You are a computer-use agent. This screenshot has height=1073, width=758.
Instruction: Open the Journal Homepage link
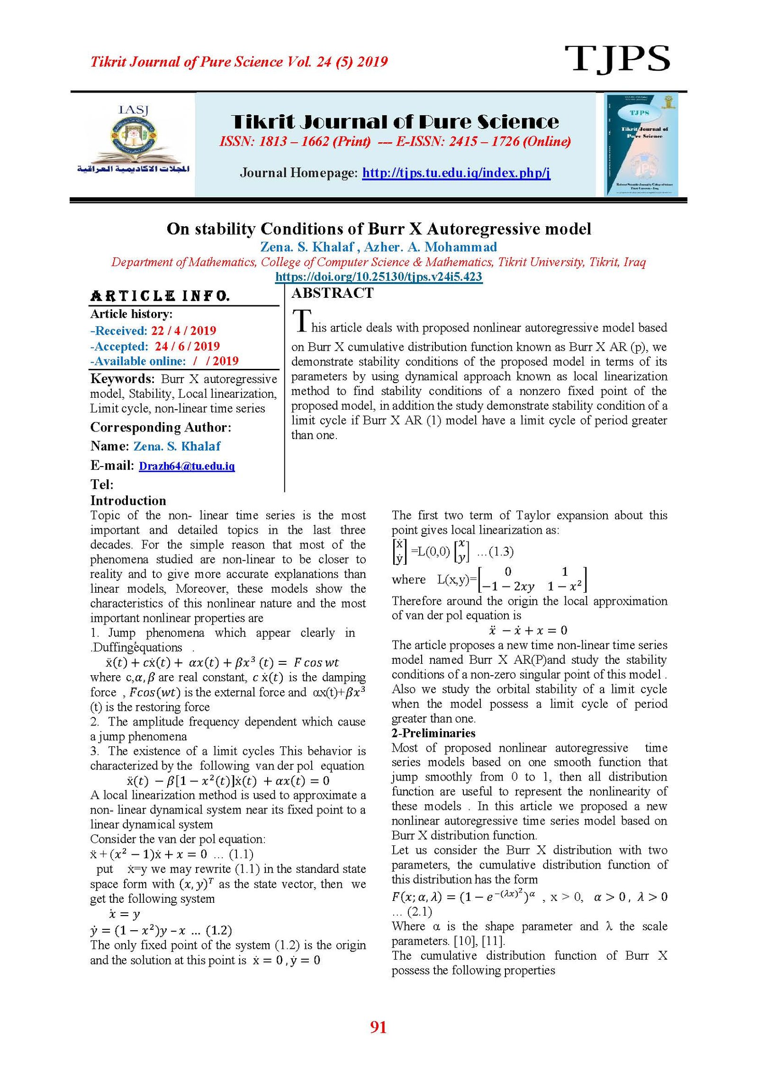coord(456,173)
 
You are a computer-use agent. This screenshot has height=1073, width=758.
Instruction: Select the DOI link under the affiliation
coord(379,277)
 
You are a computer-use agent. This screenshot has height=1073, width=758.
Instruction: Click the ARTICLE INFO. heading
coord(160,296)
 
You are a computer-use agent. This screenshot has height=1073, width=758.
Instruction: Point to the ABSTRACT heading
coord(332,293)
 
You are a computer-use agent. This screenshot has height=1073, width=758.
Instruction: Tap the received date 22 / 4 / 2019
coord(183,330)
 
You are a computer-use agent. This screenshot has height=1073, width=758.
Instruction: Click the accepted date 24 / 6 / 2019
coord(187,346)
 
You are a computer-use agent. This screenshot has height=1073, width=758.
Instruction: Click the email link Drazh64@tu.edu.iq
coord(187,466)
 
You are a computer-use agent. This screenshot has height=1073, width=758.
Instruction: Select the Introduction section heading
coord(128,501)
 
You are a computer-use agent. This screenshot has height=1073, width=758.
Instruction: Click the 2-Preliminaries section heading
coord(433,733)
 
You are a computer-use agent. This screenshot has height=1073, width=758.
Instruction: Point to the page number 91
coord(378,1027)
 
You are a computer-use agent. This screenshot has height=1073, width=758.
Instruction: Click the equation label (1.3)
coord(501,551)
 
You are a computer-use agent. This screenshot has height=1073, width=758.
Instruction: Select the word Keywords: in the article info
coord(122,379)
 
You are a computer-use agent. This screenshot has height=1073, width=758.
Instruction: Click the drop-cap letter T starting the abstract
coord(302,321)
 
